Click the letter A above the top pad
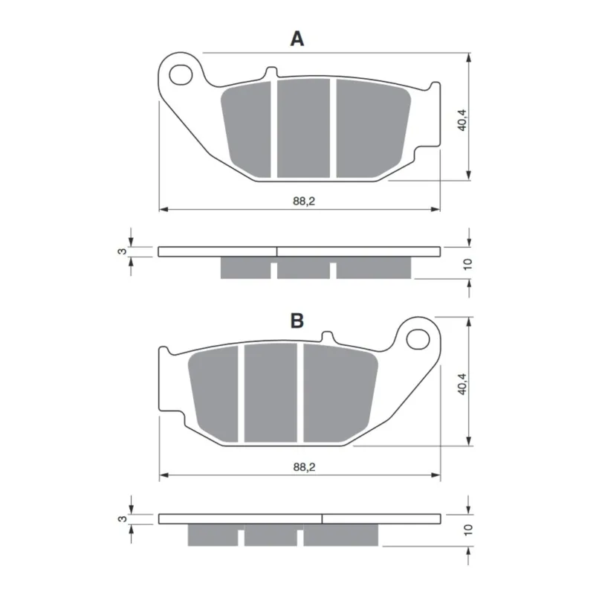click(297, 39)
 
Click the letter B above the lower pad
click(297, 321)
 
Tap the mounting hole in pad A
click(181, 75)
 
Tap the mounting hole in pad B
click(418, 339)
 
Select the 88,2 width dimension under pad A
click(304, 201)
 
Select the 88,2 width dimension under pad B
click(305, 467)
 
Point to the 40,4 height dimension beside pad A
click(462, 120)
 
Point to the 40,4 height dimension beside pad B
click(462, 384)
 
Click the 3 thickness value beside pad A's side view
click(122, 251)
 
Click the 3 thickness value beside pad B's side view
click(122, 519)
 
